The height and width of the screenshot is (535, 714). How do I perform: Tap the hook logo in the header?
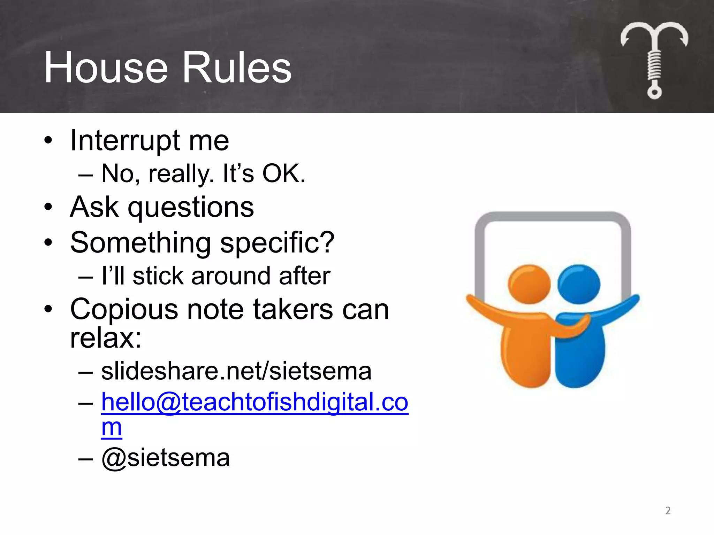(x=654, y=59)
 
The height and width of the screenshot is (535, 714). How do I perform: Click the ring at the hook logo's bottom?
(x=654, y=92)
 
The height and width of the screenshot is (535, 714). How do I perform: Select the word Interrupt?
(x=125, y=141)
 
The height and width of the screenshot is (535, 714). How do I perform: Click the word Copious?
(x=124, y=309)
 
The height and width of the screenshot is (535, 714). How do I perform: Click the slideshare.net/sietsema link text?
(x=236, y=371)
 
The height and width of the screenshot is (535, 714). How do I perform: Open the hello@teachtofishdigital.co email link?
(x=255, y=402)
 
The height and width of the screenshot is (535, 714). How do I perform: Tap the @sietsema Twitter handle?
(x=165, y=458)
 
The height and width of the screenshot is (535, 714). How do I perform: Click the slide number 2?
(x=668, y=511)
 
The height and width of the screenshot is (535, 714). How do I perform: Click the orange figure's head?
(x=529, y=284)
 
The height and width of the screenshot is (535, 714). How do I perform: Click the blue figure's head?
(x=579, y=284)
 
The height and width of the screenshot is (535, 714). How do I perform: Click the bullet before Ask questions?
(x=48, y=207)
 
